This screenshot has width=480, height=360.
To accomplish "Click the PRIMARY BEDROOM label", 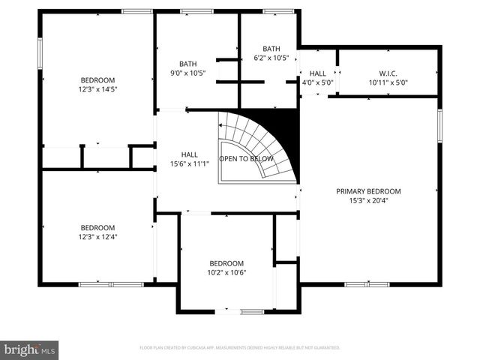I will click(368, 191).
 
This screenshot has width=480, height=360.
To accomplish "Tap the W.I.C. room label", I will click(388, 73).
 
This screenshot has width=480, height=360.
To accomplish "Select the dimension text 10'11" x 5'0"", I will click(388, 82).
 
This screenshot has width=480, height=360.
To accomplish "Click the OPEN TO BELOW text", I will click(244, 159).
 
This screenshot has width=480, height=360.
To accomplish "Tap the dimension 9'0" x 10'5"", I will click(187, 73).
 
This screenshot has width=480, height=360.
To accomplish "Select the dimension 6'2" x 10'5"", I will click(271, 58).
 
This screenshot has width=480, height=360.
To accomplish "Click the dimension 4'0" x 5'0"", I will click(317, 82).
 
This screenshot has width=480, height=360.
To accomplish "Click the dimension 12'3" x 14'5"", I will click(97, 89).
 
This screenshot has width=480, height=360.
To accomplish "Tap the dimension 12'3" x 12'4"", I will click(97, 237).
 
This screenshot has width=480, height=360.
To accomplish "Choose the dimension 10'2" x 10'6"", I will click(226, 272).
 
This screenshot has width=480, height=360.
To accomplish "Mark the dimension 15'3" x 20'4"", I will click(368, 200).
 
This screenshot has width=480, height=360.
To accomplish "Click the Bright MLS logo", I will click(30, 349).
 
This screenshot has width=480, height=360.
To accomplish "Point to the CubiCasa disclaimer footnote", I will click(240, 348).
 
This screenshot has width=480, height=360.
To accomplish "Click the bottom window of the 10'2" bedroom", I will click(241, 311).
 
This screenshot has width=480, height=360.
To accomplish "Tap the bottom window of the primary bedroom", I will click(367, 284).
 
